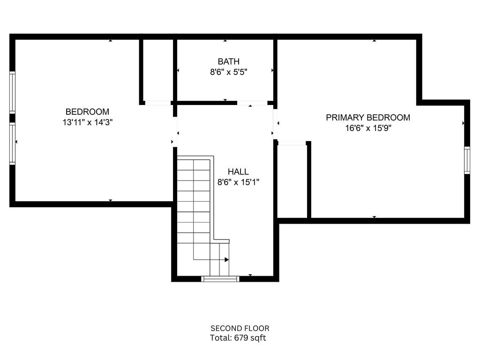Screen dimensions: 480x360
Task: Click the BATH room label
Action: pyautogui.click(x=228, y=61)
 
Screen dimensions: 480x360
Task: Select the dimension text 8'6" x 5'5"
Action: pyautogui.click(x=228, y=72)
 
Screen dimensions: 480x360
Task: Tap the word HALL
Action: pyautogui.click(x=238, y=172)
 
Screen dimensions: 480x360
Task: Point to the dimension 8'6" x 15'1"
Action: pyautogui.click(x=238, y=182)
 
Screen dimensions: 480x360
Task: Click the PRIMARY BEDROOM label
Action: pyautogui.click(x=368, y=118)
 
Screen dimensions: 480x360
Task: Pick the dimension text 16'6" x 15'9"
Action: pyautogui.click(x=368, y=128)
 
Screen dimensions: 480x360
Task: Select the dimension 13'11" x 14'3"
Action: pyautogui.click(x=88, y=122)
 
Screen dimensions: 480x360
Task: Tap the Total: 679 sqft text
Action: pyautogui.click(x=238, y=338)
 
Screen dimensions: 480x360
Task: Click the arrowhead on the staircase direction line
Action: pyautogui.click(x=227, y=260)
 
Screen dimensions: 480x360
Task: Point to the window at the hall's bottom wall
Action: pyautogui.click(x=220, y=278)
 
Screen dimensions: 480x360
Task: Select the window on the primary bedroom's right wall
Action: pyautogui.click(x=467, y=160)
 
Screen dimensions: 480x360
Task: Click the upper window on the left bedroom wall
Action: pyautogui.click(x=12, y=92)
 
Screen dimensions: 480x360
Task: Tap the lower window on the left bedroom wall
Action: pyautogui.click(x=12, y=143)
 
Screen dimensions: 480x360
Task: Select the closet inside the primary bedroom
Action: pyautogui.click(x=292, y=181)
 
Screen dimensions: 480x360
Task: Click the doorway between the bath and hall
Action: pyautogui.click(x=252, y=103)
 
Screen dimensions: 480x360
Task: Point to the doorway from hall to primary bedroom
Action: pyautogui.click(x=275, y=124)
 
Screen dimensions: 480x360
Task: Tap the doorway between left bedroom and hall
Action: pyautogui.click(x=175, y=132)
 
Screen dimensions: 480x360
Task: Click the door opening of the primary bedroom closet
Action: pyautogui.click(x=292, y=143)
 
